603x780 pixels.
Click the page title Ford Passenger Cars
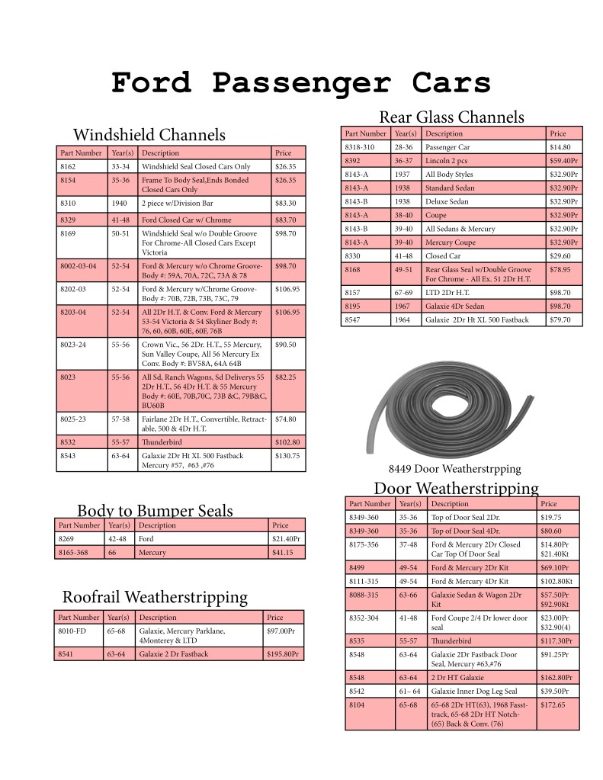(x=300, y=82)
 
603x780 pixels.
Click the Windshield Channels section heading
(x=149, y=135)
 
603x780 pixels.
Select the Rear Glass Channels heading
(x=451, y=117)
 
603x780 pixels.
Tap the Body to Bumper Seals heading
(x=155, y=510)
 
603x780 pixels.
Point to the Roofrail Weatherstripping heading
(x=155, y=596)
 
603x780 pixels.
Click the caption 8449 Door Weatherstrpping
(x=455, y=468)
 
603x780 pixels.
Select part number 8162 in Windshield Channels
(x=69, y=166)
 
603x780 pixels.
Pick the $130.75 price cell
(x=287, y=455)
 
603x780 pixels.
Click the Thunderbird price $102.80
(x=287, y=441)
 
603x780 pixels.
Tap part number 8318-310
(x=360, y=146)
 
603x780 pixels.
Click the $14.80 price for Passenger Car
(x=560, y=146)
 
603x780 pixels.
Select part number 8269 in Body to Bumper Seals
(x=67, y=538)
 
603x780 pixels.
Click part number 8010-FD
(x=72, y=631)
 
